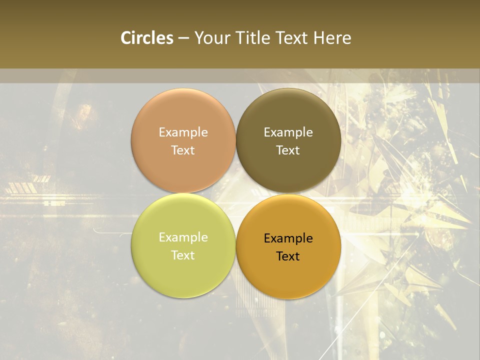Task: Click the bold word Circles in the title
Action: point(146,38)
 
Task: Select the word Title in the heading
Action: point(253,38)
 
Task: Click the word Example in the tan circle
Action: point(183,132)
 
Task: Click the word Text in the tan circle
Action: point(183,150)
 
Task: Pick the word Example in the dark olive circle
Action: point(288,132)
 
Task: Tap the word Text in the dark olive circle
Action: point(288,150)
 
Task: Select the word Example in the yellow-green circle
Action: point(183,237)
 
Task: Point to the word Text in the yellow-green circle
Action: point(183,255)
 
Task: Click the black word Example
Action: point(288,238)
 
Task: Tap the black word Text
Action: point(288,256)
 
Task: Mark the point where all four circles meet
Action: point(235,193)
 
